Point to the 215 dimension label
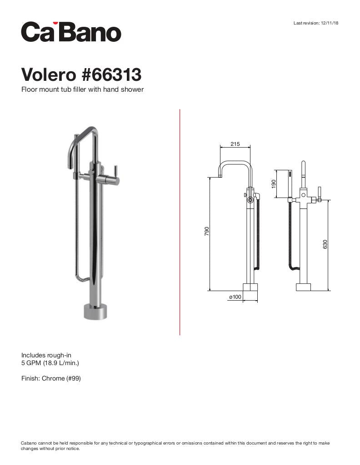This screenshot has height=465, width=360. coord(235,144)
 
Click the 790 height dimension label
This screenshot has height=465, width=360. coord(207,231)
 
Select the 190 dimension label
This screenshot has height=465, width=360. coord(274,184)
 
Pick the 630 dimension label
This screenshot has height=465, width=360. coord(325,244)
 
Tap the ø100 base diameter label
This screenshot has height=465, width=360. coord(235,297)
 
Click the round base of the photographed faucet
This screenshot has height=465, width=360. coord(96,311)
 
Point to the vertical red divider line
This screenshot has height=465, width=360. coord(180,223)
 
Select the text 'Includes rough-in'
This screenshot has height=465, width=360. coord(46,355)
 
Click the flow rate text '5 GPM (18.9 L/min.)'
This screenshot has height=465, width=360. coord(50,363)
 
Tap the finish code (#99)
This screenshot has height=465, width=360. coord(74,378)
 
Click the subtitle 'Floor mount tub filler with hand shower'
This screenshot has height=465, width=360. coord(82,89)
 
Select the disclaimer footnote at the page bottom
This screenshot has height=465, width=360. coord(175,445)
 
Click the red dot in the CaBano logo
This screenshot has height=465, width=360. coord(55,22)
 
